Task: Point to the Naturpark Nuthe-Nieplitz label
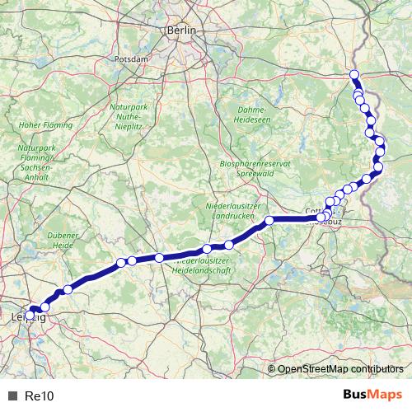click(x=129, y=119)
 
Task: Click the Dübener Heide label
click(x=63, y=240)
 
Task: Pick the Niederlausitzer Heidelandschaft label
click(x=206, y=265)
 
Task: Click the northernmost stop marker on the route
click(x=355, y=76)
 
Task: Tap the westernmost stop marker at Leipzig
click(x=30, y=315)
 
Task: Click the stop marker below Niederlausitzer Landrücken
click(x=269, y=220)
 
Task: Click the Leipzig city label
click(x=25, y=316)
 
